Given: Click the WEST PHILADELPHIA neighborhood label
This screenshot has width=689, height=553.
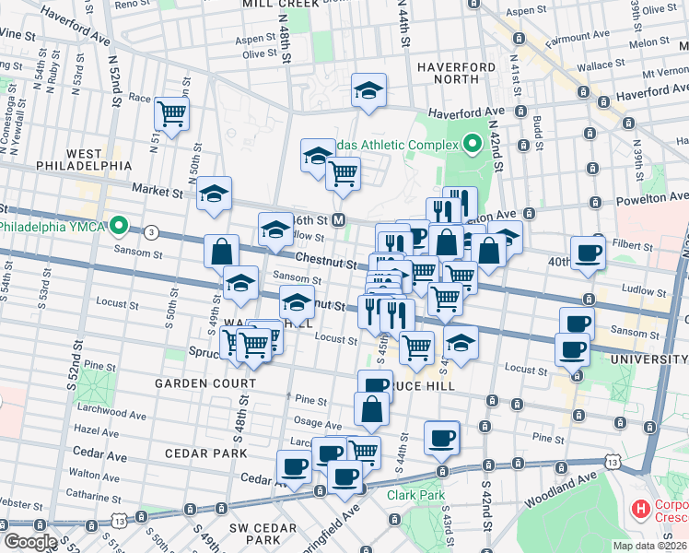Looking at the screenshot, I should tap(84, 159).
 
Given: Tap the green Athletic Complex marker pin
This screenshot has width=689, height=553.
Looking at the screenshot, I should tap(473, 145).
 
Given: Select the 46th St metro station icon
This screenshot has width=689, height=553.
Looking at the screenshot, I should tap(339, 219).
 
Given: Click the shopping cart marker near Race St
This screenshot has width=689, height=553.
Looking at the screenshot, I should tap(171, 114).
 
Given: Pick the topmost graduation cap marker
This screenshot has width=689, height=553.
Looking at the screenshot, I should tap(368, 90).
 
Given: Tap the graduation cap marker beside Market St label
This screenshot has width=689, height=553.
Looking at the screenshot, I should tap(214, 194).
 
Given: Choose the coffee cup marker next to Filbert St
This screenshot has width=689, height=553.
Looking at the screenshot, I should tap(588, 253).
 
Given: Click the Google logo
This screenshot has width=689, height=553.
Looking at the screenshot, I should tap(29, 542).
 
